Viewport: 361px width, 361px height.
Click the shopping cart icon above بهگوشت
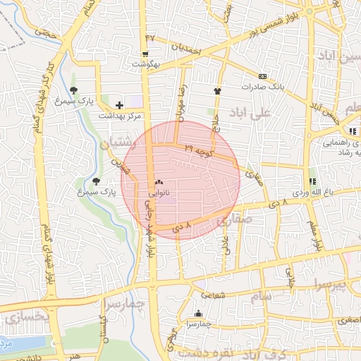tap(145, 54)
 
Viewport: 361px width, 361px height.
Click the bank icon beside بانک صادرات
tap(262, 76)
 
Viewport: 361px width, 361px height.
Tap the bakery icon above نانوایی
tap(157, 182)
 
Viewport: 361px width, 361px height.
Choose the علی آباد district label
tap(255, 113)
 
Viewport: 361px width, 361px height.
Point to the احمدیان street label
tap(186, 50)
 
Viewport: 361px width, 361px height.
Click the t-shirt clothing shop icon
tap(217, 90)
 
